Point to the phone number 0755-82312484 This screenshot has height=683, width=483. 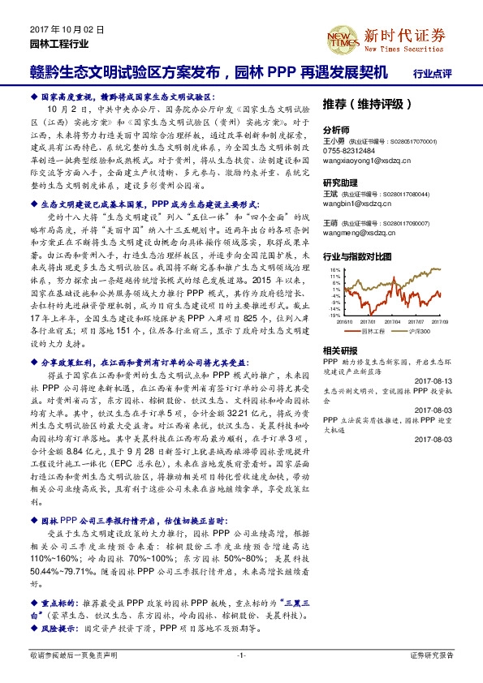point(349,151)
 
